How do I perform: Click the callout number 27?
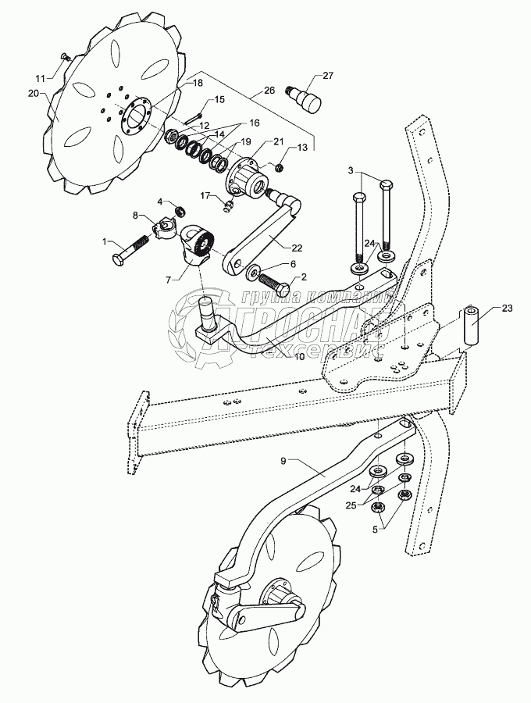(x=328, y=76)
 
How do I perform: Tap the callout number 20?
(x=33, y=93)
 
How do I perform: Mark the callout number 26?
(x=269, y=91)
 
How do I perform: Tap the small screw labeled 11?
(x=66, y=56)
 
